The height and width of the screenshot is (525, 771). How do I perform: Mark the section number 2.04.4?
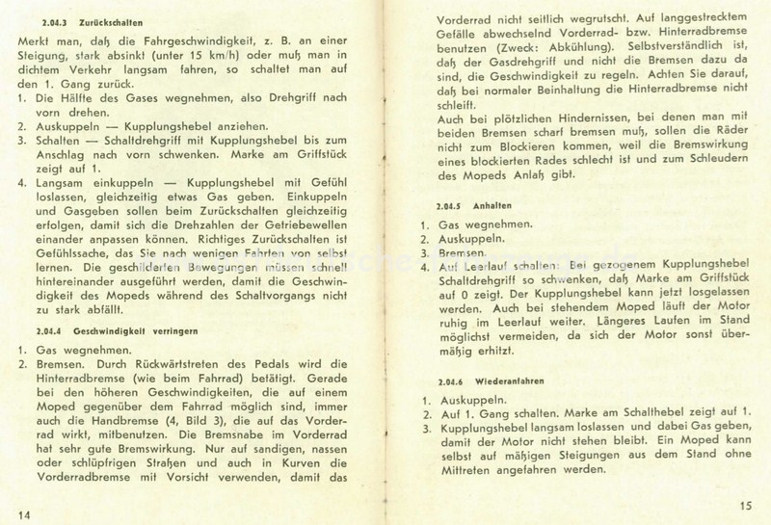click(x=44, y=329)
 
